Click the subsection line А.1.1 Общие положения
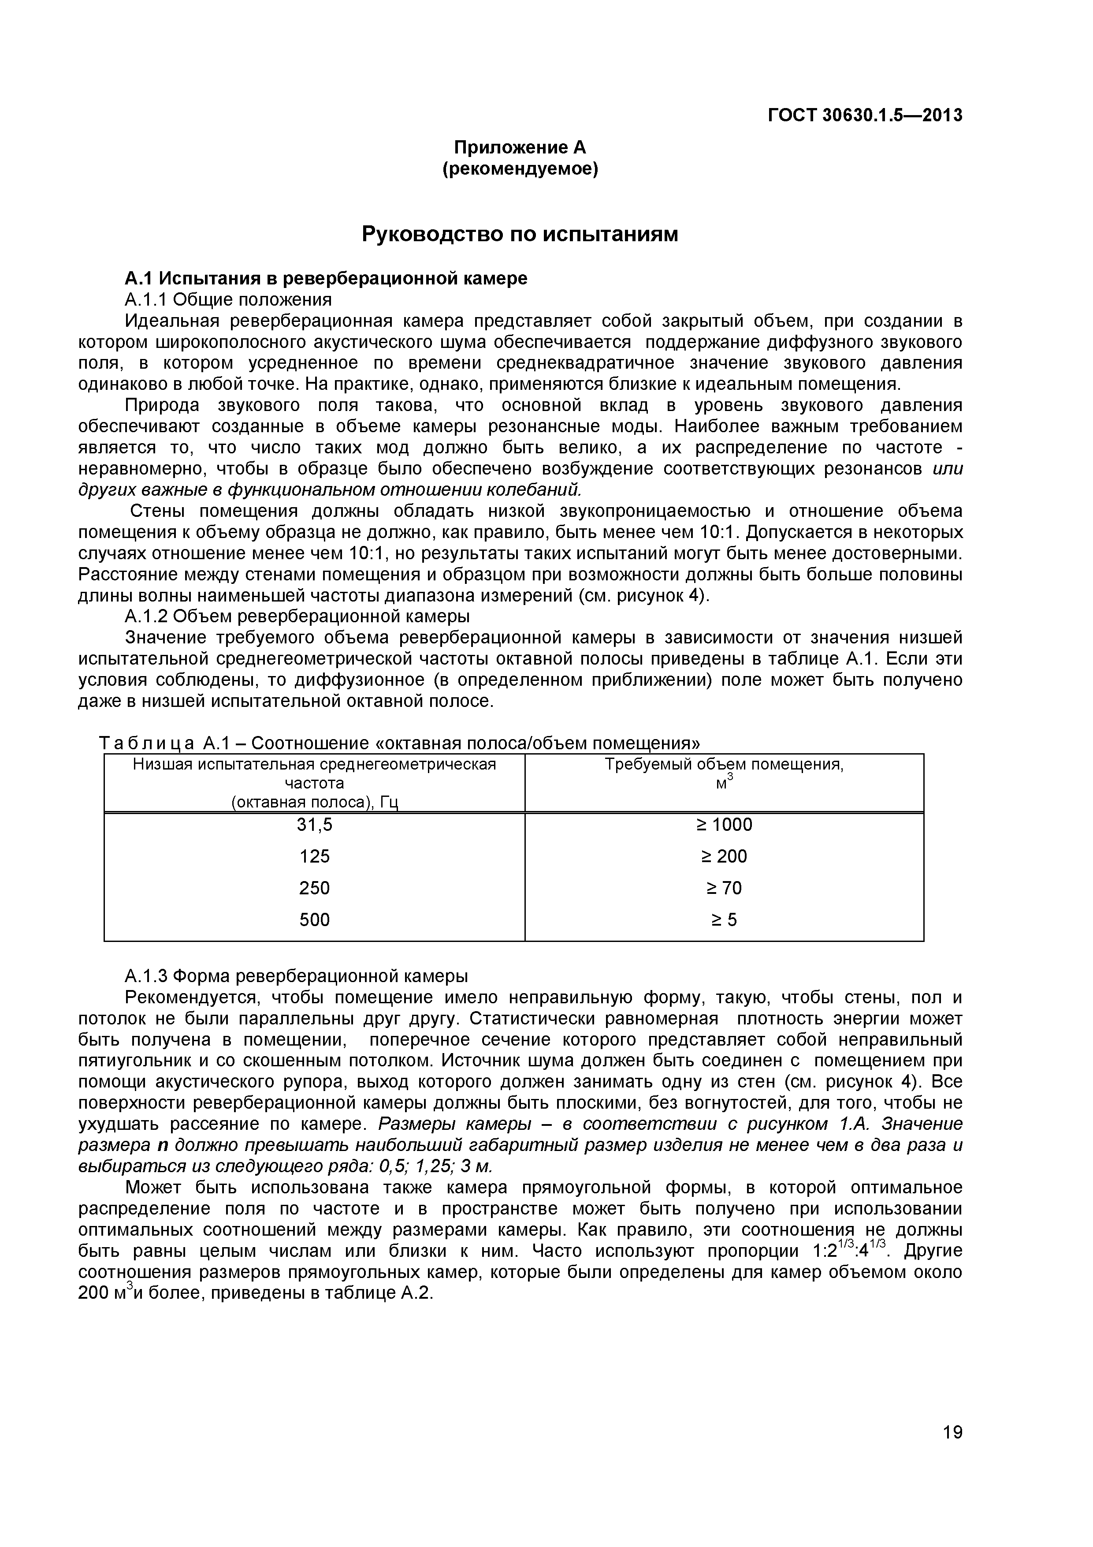coord(228,299)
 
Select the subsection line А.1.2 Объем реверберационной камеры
coord(297,616)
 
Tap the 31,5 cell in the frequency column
coord(315,825)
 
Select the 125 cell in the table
coord(315,856)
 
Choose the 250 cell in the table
coord(315,888)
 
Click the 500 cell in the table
coord(315,920)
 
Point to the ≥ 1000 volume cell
coord(724,825)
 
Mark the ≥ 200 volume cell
coord(724,856)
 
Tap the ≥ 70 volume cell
coord(724,888)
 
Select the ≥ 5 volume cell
coord(724,920)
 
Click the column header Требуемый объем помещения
coord(724,765)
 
